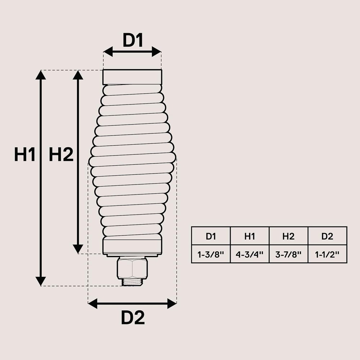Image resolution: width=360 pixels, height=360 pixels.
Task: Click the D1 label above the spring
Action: [133, 40]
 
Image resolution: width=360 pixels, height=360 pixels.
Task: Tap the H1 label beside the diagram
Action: [25, 155]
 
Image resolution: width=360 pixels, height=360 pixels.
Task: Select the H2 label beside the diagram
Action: [61, 155]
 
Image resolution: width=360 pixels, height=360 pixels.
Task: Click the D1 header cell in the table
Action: [211, 237]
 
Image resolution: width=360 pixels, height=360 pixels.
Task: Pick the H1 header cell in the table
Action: [249, 237]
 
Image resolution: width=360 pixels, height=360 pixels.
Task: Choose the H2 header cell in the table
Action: [288, 237]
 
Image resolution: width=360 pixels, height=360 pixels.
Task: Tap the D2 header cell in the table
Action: [327, 237]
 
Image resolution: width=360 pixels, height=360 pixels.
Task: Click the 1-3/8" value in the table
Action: [211, 255]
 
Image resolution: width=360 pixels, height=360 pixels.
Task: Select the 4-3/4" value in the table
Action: [249, 255]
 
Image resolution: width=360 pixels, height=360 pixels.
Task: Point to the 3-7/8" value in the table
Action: [288, 255]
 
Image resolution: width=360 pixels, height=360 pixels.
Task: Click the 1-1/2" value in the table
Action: [327, 255]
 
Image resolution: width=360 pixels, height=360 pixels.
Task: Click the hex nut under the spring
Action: [132, 267]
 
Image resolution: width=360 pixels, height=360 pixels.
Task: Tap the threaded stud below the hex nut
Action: [132, 282]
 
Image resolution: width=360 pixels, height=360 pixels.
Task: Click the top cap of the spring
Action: [132, 77]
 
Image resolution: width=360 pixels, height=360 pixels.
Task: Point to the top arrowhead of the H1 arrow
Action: [41, 75]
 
